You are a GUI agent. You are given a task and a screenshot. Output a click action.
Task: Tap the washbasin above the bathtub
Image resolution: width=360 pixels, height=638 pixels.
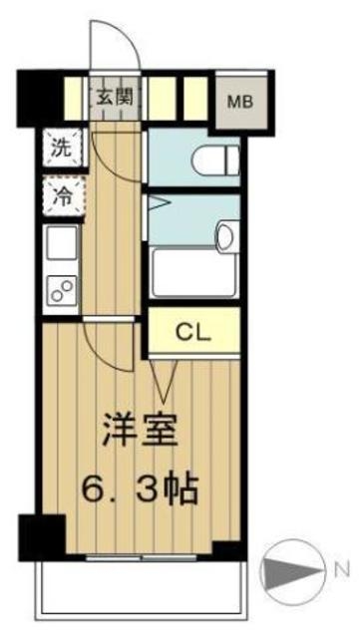(x=225, y=236)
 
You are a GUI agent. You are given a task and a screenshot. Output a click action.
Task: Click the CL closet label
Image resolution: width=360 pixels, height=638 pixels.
(x=193, y=333)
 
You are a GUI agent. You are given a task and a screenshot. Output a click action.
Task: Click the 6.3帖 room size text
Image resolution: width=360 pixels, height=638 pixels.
(x=140, y=488)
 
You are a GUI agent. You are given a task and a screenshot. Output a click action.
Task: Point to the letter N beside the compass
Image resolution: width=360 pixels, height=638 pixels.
(x=341, y=572)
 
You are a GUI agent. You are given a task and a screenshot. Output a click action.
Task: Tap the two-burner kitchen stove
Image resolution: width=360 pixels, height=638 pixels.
(x=60, y=290)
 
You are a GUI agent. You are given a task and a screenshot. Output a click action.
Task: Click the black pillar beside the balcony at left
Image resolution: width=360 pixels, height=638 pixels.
(x=40, y=537)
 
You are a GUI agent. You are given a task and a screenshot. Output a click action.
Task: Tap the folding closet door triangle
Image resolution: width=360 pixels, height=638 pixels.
(x=166, y=377)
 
